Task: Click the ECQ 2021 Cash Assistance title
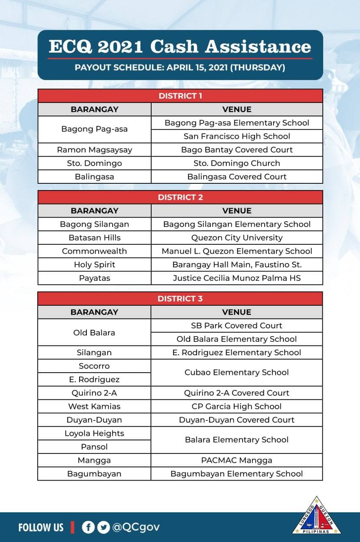tap(180, 47)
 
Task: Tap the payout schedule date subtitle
tap(180, 67)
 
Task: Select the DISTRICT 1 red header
tap(180, 96)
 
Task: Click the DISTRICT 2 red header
tap(180, 197)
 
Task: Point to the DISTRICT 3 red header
tap(180, 299)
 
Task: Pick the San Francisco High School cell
tap(237, 136)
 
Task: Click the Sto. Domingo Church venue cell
tap(237, 163)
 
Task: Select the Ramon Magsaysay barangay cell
tap(94, 149)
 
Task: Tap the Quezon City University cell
tap(237, 238)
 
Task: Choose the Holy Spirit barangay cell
tap(94, 265)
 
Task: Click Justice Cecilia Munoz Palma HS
tap(237, 278)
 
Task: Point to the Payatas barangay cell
tap(94, 278)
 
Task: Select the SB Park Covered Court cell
tap(237, 326)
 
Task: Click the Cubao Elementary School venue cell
tap(237, 373)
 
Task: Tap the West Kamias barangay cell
tap(94, 406)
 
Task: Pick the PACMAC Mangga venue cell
tap(237, 460)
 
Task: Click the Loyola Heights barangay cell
tap(94, 433)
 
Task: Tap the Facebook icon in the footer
tap(88, 527)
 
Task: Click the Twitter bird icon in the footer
tap(103, 527)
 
